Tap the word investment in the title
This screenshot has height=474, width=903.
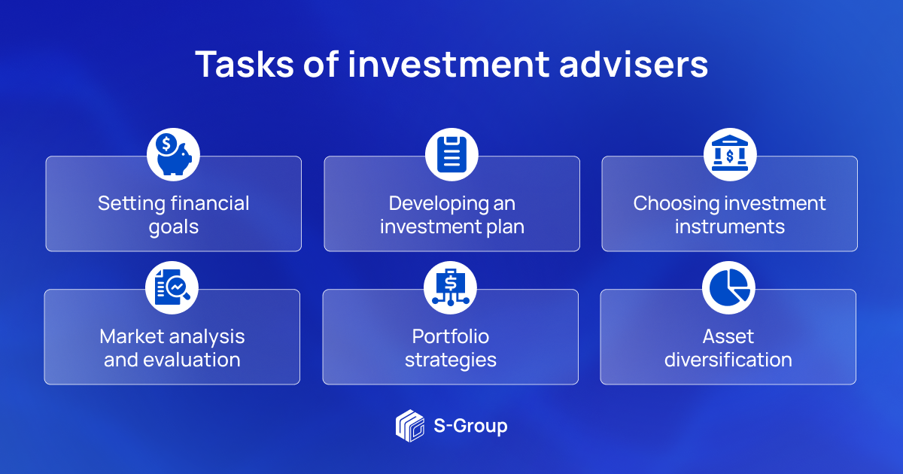pos(448,65)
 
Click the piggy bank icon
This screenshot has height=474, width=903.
pos(173,154)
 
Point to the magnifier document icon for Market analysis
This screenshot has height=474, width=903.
pos(172,287)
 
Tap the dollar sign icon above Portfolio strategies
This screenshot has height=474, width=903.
pos(451,287)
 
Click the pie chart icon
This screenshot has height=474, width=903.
pos(728,287)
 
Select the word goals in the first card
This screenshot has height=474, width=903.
pos(173,226)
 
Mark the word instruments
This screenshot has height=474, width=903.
pos(729,226)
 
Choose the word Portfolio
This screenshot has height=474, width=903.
pos(451,336)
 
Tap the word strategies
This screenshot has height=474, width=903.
pos(451,360)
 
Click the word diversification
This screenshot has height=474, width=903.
pos(728,360)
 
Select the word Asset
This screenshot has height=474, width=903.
pos(728,336)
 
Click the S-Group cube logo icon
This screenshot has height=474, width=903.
pos(410,426)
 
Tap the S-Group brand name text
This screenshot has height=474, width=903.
pos(470,426)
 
